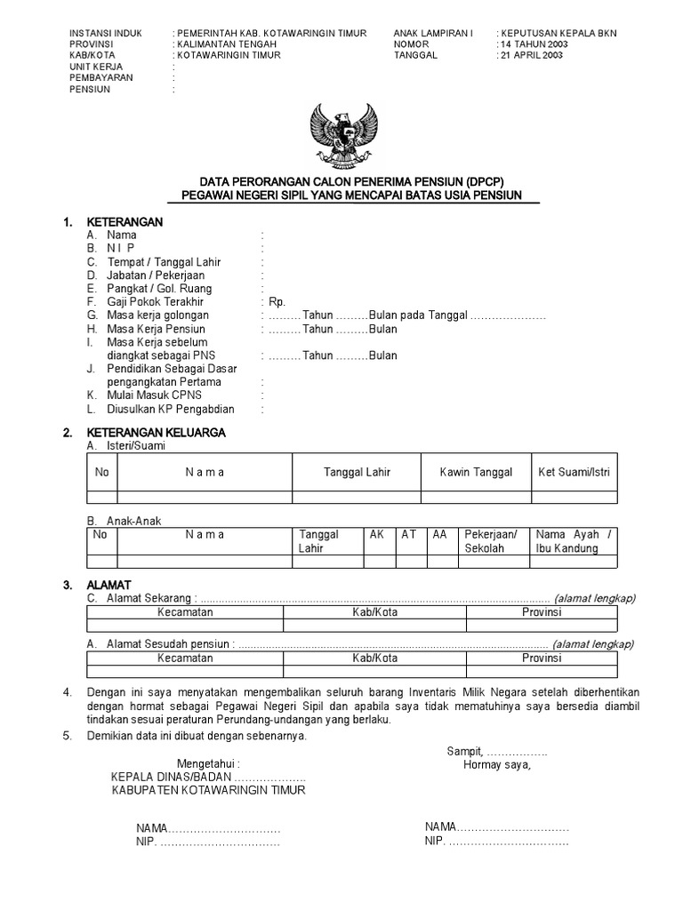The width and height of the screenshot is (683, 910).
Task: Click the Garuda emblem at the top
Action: click(x=342, y=135)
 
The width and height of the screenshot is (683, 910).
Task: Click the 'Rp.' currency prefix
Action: click(x=277, y=302)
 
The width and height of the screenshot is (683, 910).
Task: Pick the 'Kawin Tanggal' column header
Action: click(x=476, y=473)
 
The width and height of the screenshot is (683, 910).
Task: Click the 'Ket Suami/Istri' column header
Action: click(x=575, y=473)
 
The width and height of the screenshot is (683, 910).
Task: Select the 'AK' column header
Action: click(x=377, y=534)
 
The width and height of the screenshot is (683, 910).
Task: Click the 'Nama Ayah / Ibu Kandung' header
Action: click(x=573, y=541)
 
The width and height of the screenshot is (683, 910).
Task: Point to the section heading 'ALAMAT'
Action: click(x=108, y=585)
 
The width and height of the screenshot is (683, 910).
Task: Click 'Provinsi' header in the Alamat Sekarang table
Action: click(x=542, y=613)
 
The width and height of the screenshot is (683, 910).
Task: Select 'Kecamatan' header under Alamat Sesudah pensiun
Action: click(x=185, y=659)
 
